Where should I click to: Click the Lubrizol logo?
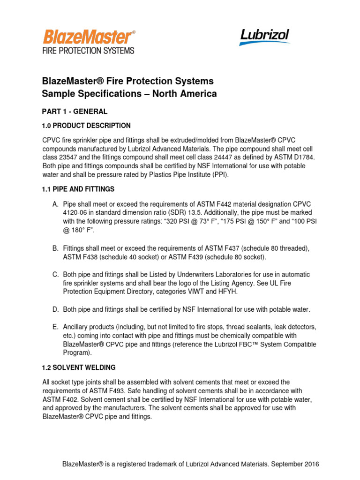[264, 37]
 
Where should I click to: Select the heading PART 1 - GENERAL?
[75, 112]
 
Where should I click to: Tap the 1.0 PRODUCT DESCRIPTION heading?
[86, 126]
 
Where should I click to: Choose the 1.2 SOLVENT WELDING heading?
[79, 367]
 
